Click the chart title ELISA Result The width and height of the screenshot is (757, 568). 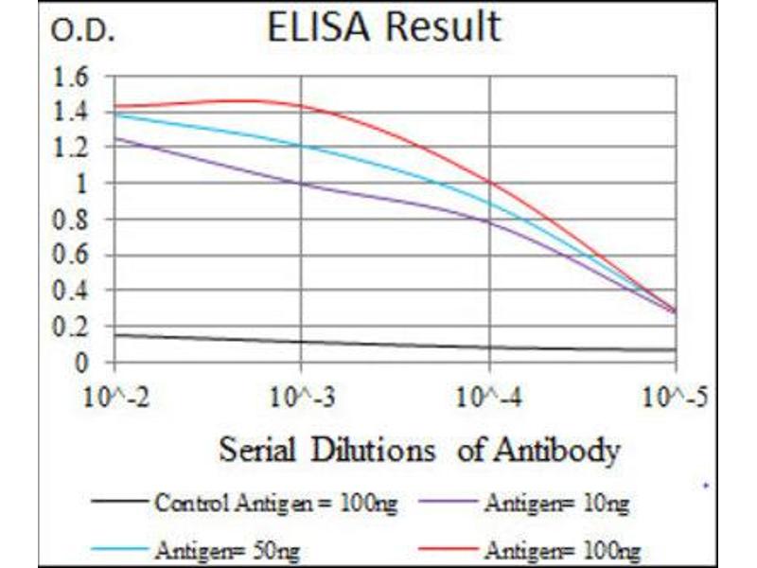pos(383,28)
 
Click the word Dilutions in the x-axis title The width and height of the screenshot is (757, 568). pos(374,450)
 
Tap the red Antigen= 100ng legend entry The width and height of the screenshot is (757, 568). pos(547,548)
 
